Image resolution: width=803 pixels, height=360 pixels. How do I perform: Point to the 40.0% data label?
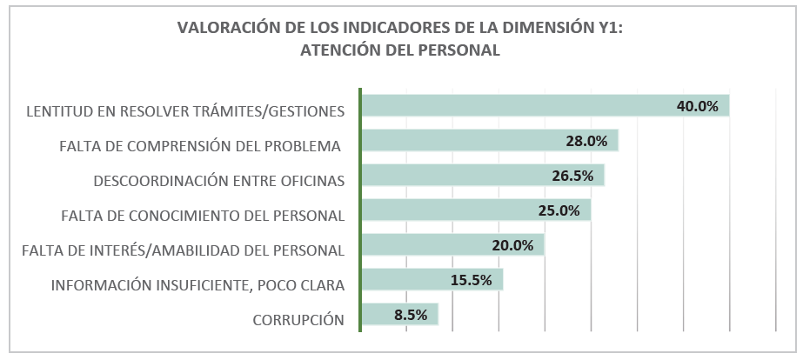[698, 106]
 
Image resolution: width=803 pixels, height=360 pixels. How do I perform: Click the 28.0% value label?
[586, 141]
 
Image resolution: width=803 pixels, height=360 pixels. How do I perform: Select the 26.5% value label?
[572, 176]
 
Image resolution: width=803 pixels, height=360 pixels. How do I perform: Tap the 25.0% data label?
[559, 210]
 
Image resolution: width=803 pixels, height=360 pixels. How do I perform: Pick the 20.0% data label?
[512, 245]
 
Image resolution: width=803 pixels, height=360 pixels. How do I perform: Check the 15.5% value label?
[471, 280]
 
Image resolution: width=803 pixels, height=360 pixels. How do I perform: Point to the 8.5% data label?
[411, 315]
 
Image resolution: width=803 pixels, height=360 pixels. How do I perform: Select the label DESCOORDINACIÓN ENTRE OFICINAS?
[218, 181]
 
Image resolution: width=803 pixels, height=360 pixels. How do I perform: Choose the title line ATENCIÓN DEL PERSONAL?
[400, 50]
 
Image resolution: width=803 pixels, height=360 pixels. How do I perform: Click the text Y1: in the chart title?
[607, 28]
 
